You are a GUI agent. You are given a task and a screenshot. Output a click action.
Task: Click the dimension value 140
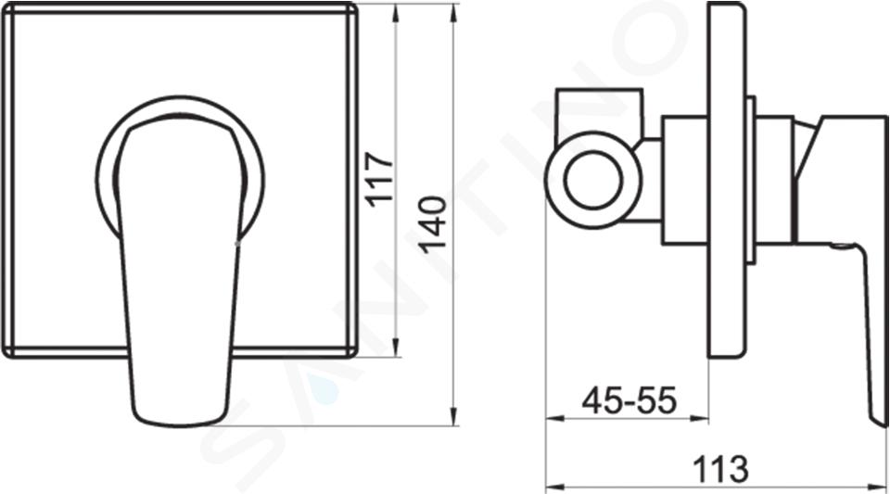(x=433, y=224)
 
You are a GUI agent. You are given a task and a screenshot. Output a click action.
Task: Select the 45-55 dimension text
(x=629, y=400)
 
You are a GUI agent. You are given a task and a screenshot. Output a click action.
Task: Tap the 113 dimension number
(x=721, y=469)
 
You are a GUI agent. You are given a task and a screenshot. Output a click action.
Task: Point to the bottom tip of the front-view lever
(x=176, y=425)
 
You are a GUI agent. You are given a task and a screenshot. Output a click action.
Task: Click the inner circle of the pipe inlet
(x=593, y=180)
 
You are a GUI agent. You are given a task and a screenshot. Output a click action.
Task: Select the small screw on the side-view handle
(x=841, y=247)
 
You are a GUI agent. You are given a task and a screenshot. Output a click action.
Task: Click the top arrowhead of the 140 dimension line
(x=453, y=12)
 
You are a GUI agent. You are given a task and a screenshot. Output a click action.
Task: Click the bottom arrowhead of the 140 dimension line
(x=453, y=416)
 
